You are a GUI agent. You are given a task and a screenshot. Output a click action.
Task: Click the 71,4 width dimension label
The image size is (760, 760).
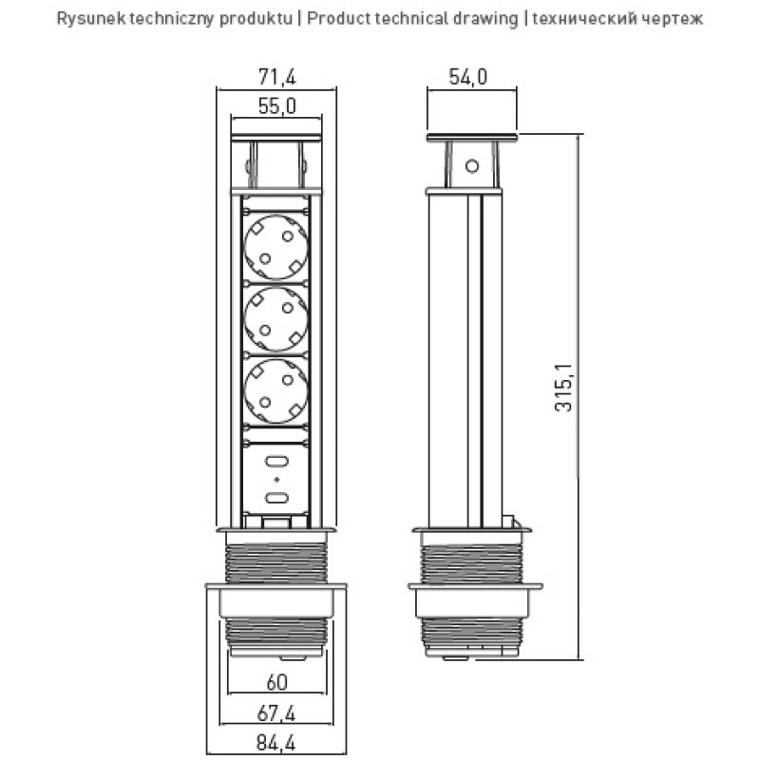(x=276, y=77)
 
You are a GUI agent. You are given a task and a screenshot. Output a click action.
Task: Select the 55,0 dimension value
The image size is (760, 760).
(x=276, y=107)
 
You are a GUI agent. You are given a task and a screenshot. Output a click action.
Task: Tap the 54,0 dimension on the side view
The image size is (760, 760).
(x=468, y=77)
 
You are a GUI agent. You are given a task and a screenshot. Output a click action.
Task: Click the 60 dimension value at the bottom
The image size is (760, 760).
(x=276, y=681)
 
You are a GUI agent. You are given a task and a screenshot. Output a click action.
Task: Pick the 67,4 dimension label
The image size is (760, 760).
(x=276, y=712)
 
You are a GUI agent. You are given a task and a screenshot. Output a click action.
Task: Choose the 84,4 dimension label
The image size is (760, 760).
(x=276, y=744)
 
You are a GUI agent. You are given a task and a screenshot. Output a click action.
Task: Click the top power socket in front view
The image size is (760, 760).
(x=276, y=245)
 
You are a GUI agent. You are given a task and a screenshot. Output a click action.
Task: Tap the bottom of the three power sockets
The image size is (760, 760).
(x=276, y=390)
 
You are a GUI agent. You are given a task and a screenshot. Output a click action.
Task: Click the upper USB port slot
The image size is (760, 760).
(x=276, y=462)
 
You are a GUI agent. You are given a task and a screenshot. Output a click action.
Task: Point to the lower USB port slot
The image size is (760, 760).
(x=276, y=500)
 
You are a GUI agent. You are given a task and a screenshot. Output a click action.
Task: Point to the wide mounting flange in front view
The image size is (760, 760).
(x=276, y=590)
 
